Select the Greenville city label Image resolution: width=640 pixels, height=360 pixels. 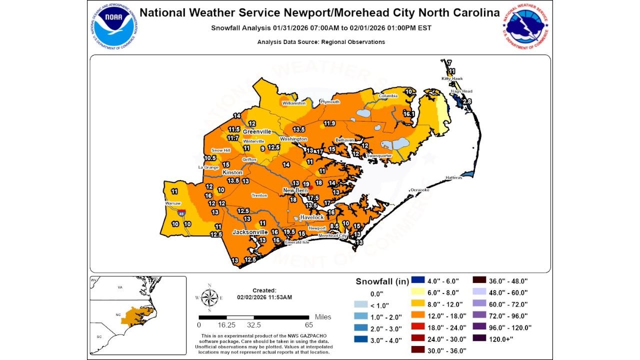(x=256, y=131)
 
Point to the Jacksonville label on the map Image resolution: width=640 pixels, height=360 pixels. (x=250, y=232)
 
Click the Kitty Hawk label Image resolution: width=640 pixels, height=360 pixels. (x=451, y=79)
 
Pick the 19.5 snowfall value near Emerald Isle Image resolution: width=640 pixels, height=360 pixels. (x=289, y=232)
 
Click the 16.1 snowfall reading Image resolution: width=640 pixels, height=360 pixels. (x=409, y=114)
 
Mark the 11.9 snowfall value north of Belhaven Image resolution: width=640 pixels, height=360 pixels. (x=329, y=123)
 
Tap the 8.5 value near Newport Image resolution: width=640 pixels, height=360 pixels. (x=334, y=226)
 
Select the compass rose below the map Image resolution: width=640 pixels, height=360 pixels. (x=209, y=298)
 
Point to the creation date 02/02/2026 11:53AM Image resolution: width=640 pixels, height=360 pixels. (x=264, y=297)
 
